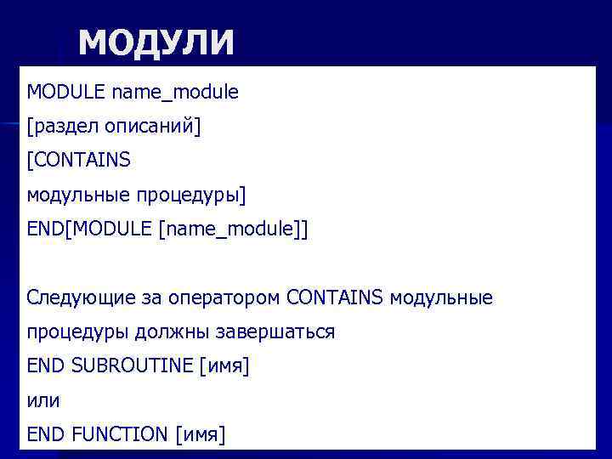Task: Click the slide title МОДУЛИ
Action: (x=156, y=42)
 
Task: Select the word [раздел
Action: (x=64, y=127)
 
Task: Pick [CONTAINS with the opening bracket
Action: (x=78, y=161)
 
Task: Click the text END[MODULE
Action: (x=90, y=229)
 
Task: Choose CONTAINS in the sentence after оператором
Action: (x=336, y=298)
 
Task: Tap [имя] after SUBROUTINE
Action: (x=224, y=366)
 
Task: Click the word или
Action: (x=42, y=400)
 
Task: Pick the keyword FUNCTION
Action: (x=120, y=435)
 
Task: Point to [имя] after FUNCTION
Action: (x=201, y=435)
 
